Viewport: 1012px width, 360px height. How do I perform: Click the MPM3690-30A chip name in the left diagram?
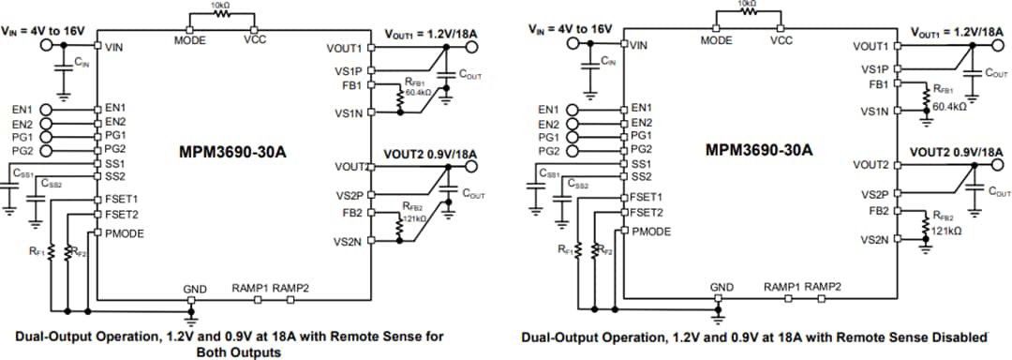pos(230,149)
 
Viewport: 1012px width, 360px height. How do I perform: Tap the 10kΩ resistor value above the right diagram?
pos(748,5)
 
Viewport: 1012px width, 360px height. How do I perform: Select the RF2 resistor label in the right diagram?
pos(604,250)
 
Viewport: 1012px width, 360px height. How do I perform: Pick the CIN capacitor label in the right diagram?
pos(608,62)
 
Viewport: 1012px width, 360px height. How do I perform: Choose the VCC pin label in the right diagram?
pos(781,40)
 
